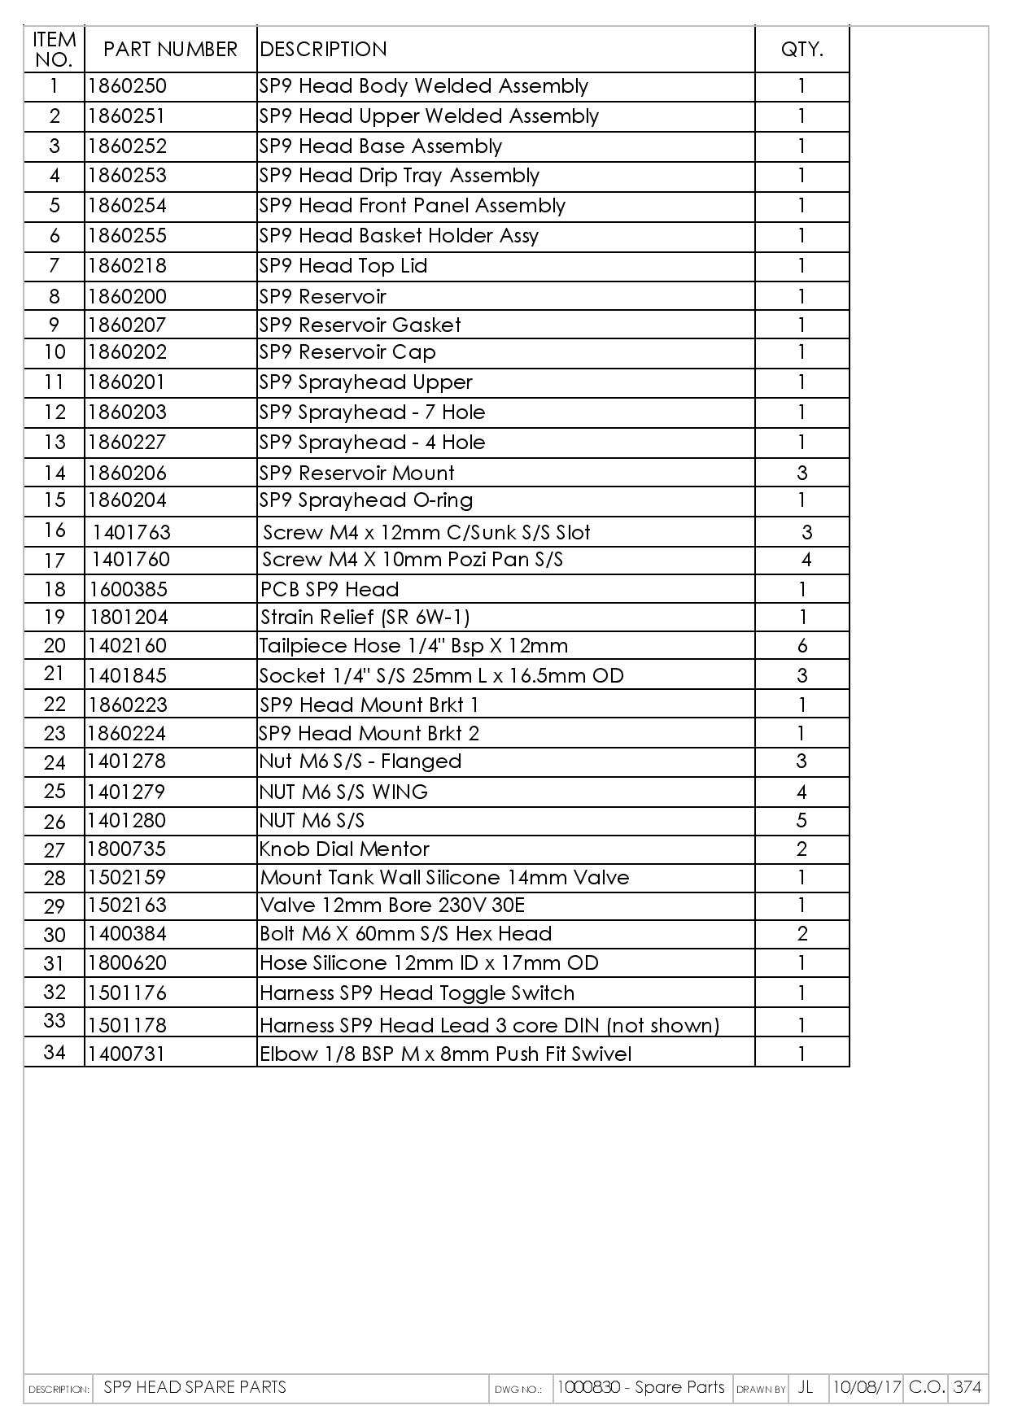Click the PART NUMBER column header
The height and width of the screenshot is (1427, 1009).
pyautogui.click(x=170, y=50)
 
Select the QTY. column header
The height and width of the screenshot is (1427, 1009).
pyautogui.click(x=802, y=50)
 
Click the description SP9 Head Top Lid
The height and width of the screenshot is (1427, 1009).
pyautogui.click(x=343, y=266)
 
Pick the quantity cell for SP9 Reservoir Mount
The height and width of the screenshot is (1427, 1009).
pyautogui.click(x=802, y=473)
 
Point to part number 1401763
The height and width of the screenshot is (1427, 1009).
pyautogui.click(x=132, y=532)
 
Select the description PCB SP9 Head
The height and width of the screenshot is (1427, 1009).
pyautogui.click(x=330, y=589)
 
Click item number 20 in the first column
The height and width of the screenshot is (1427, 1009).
pyautogui.click(x=55, y=645)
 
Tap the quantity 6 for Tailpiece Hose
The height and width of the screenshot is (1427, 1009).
pyautogui.click(x=802, y=646)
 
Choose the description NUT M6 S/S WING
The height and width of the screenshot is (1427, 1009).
pyautogui.click(x=343, y=792)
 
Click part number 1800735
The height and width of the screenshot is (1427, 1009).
pyautogui.click(x=127, y=849)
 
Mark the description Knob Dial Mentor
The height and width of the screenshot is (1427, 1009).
pyautogui.click(x=344, y=849)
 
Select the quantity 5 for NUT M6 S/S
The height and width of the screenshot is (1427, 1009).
pyautogui.click(x=802, y=820)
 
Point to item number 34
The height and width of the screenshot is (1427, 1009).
pyautogui.click(x=55, y=1052)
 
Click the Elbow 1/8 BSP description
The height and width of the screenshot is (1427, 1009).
pyautogui.click(x=445, y=1054)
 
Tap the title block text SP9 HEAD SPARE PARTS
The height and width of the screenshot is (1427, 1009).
pyautogui.click(x=195, y=1387)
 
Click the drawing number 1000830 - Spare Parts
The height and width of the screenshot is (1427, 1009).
pyautogui.click(x=641, y=1387)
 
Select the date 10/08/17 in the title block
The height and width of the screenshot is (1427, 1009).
pyautogui.click(x=866, y=1387)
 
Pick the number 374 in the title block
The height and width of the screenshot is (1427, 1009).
pyautogui.click(x=967, y=1387)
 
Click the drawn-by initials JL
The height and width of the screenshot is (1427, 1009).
pyautogui.click(x=806, y=1387)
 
